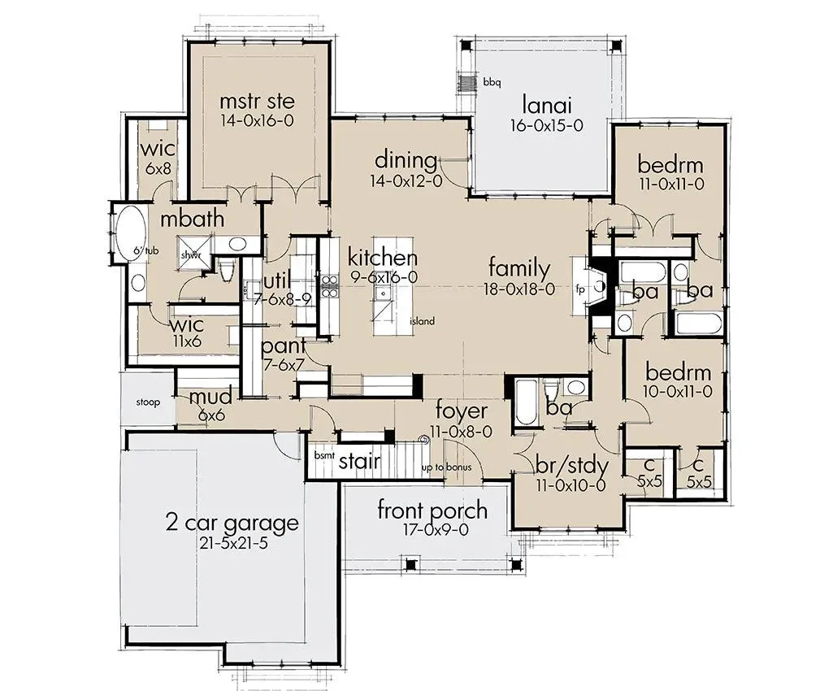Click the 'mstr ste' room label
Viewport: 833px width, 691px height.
pyautogui.click(x=257, y=101)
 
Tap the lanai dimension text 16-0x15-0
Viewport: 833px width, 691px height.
pyautogui.click(x=547, y=125)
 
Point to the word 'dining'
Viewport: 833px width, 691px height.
pyautogui.click(x=406, y=160)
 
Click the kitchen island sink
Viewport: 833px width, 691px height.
pyautogui.click(x=381, y=293)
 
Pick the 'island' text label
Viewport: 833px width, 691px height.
pyautogui.click(x=423, y=321)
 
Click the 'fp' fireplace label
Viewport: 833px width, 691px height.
pyautogui.click(x=579, y=289)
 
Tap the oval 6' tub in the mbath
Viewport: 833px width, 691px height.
pyautogui.click(x=128, y=233)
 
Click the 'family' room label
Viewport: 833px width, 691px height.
pyautogui.click(x=519, y=268)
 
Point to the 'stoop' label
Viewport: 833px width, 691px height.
pyautogui.click(x=148, y=402)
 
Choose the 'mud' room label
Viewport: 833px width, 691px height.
pyautogui.click(x=210, y=397)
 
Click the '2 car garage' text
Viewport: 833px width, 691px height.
pyautogui.click(x=232, y=523)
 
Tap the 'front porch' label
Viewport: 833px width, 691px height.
pyautogui.click(x=432, y=511)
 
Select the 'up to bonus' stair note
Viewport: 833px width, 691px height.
pyautogui.click(x=446, y=467)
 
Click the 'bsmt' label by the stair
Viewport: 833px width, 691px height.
pyautogui.click(x=324, y=455)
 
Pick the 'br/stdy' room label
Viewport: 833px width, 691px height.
pyautogui.click(x=571, y=466)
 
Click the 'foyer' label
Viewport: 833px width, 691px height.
pyautogui.click(x=461, y=411)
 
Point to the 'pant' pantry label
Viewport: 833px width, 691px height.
pyautogui.click(x=284, y=346)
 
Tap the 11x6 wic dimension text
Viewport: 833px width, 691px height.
pyautogui.click(x=187, y=341)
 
